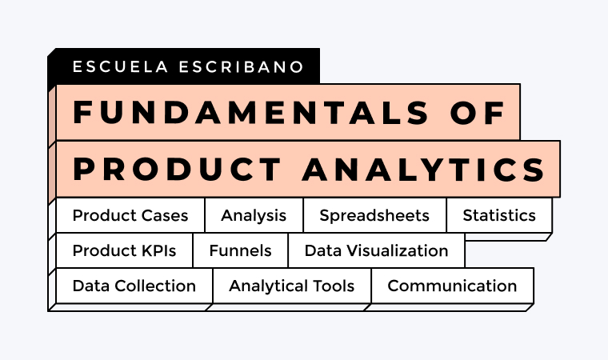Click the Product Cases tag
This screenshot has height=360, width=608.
coord(130,215)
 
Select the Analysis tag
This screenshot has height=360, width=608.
coord(254,215)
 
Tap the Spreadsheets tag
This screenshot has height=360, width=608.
coord(374,215)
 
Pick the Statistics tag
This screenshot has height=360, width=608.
coord(499,215)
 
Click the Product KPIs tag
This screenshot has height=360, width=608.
coord(124,250)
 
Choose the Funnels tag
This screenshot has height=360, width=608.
coord(240,250)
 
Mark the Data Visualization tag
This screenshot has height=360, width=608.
coord(376,250)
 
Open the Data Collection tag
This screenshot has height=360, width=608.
coord(134,286)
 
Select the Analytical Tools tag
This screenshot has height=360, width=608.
coord(292,286)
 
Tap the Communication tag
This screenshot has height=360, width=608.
coord(452,286)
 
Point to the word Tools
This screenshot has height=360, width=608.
coord(334,286)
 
